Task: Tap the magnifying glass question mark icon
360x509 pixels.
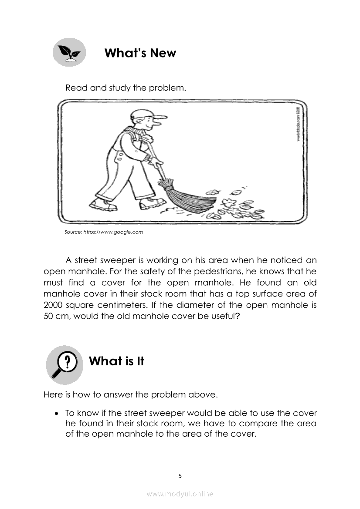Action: point(65,365)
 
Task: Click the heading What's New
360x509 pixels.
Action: point(140,53)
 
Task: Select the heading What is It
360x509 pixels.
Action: point(116,361)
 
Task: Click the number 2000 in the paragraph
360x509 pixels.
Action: point(54,304)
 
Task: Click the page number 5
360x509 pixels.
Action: point(180,476)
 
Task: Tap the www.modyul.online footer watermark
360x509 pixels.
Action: point(180,494)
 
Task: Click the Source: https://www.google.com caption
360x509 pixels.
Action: point(104,232)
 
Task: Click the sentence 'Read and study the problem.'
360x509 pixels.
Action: point(126,88)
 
